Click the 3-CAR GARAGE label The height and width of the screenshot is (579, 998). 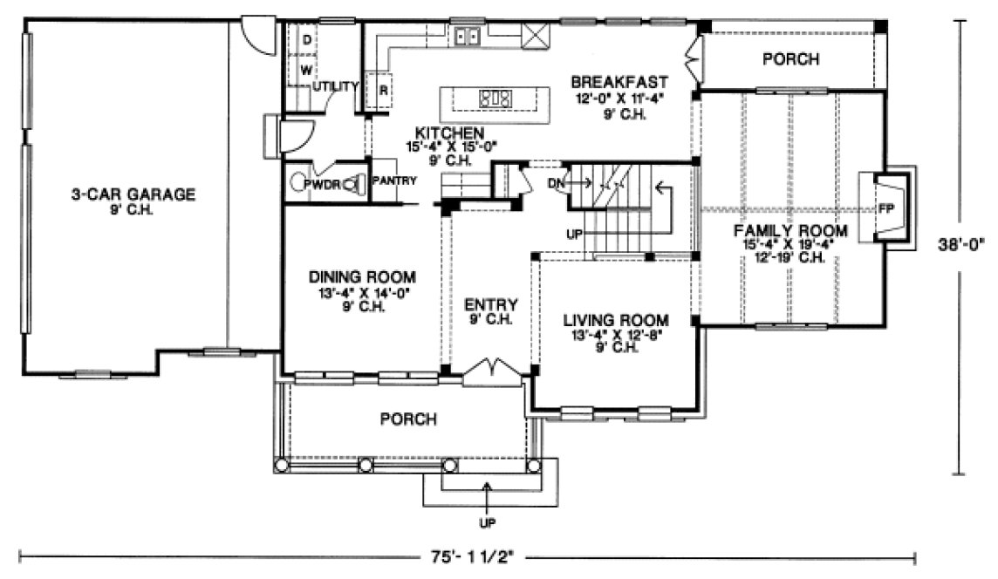tap(133, 194)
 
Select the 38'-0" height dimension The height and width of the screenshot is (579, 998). tap(963, 246)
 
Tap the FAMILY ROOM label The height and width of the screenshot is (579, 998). tap(790, 230)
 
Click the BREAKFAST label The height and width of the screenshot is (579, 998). tap(619, 82)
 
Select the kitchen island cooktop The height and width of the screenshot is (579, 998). tap(495, 99)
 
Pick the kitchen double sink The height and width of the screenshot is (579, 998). tap(467, 37)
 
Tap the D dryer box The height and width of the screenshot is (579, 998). tap(307, 39)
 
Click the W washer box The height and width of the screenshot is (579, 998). tap(307, 69)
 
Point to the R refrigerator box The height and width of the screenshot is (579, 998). tap(383, 89)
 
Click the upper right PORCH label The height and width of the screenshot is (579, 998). tap(790, 59)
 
